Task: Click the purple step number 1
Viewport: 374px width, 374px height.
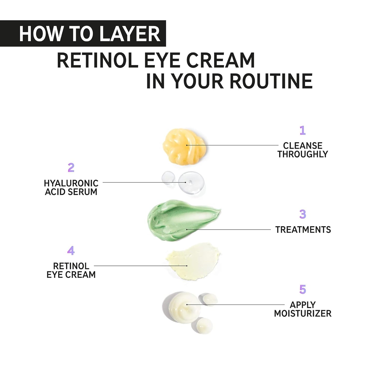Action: tap(302, 130)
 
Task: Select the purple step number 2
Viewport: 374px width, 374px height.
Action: tap(71, 168)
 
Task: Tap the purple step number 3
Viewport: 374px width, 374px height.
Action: tap(303, 214)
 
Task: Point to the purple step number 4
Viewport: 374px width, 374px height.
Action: tap(71, 251)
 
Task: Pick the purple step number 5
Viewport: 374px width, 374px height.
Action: tap(303, 289)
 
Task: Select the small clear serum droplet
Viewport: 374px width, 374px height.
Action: tap(168, 177)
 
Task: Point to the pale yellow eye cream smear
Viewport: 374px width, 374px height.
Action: tap(193, 261)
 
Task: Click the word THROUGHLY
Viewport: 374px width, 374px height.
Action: tap(303, 154)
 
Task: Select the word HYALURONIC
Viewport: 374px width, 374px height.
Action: tap(71, 184)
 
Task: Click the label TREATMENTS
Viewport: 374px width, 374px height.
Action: tap(303, 230)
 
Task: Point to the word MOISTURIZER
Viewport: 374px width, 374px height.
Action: tap(303, 313)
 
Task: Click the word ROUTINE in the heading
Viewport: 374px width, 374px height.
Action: tap(271, 81)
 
